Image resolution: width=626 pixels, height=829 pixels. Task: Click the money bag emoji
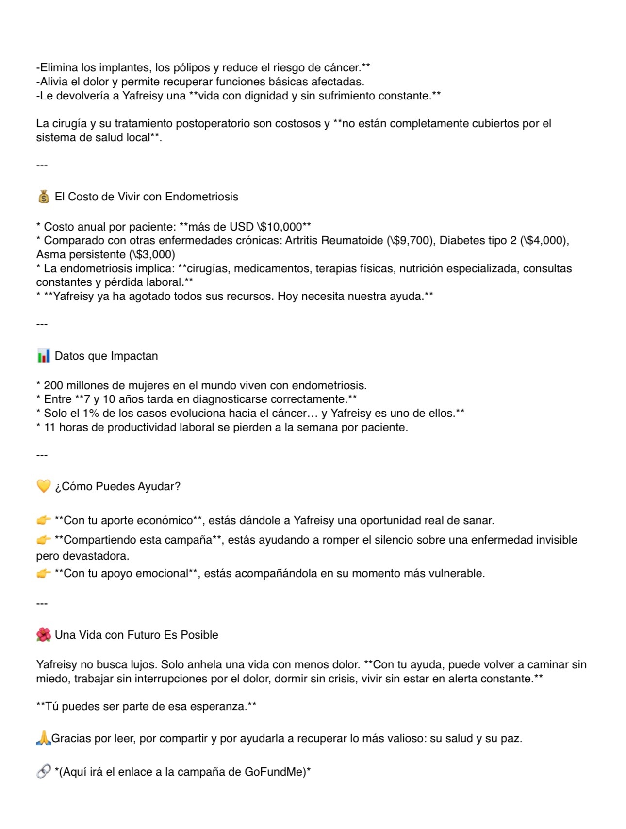[x=43, y=197]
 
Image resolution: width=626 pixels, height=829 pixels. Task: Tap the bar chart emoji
[x=43, y=356]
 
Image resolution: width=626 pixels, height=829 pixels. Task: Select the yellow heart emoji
[x=43, y=486]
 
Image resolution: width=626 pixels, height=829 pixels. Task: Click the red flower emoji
[x=43, y=634]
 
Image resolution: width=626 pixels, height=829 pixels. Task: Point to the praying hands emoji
[x=43, y=738]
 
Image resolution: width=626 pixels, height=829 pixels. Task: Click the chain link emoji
[x=43, y=771]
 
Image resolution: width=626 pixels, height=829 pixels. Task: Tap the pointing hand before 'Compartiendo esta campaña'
[x=43, y=540]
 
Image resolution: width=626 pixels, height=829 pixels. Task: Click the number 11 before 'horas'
[x=49, y=427]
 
